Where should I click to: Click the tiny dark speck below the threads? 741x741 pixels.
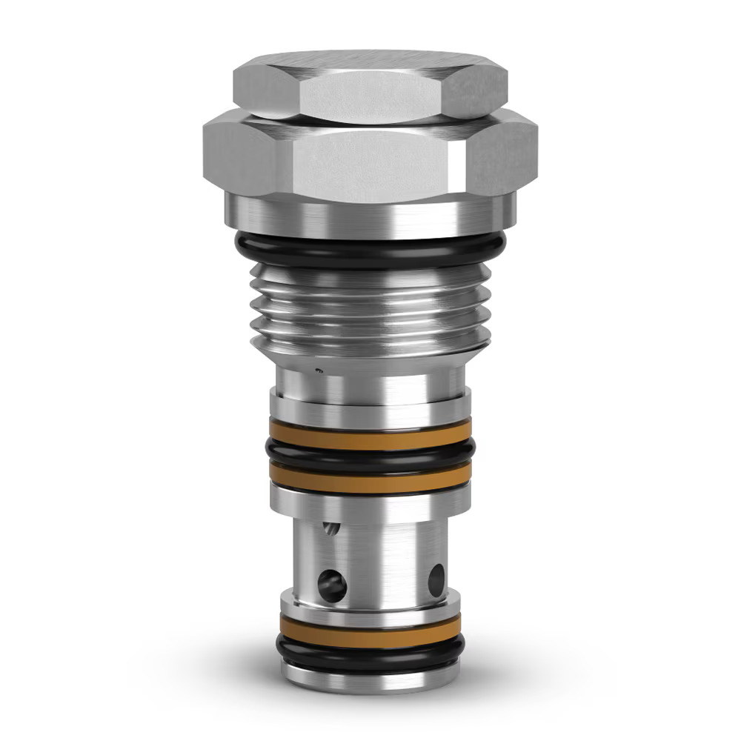point(319,369)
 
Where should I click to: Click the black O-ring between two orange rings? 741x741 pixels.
point(370,451)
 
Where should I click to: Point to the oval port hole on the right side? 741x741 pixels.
point(436,580)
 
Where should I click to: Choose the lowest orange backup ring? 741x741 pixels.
point(370,629)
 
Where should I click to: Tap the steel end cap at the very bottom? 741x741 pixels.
point(370,676)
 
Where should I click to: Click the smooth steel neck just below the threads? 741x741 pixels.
point(370,382)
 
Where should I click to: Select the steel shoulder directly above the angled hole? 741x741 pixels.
point(370,504)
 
